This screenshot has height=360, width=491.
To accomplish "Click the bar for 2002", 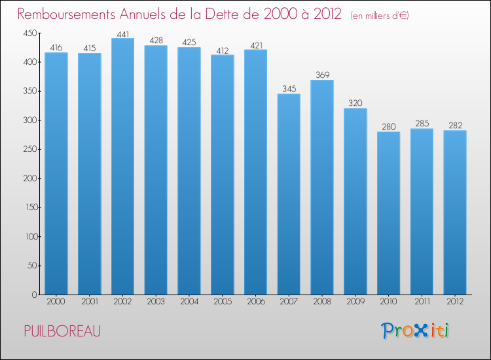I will tap(122, 166).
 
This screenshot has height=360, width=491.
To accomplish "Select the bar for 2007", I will tap(289, 194).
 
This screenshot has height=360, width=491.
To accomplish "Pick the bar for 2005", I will tap(222, 175).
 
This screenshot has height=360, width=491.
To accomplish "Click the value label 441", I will tap(122, 33).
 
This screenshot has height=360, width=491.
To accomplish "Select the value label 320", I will tap(355, 103).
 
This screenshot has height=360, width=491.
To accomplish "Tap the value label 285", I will tap(422, 124).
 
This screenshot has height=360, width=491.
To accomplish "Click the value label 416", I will tap(56, 48).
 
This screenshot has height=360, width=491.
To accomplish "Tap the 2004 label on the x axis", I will tap(189, 302).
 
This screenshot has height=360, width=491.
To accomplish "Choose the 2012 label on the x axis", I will tap(455, 302).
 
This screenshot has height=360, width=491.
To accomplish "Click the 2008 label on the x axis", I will tap(322, 302).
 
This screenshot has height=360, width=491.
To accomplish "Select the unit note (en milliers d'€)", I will tap(379, 15).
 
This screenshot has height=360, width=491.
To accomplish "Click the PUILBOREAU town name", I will tap(62, 331).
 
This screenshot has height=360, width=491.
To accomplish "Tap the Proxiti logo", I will tap(415, 331).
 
